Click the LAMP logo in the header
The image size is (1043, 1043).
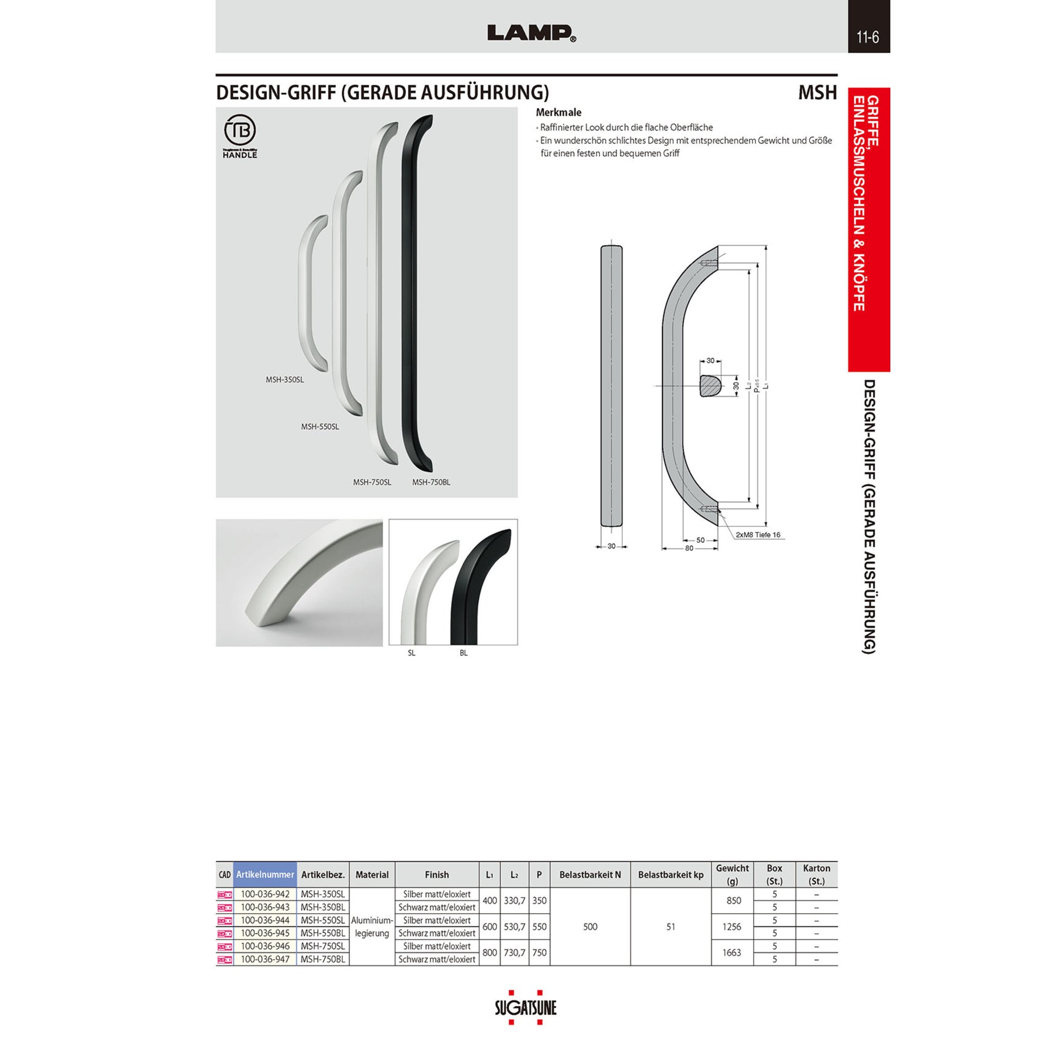point(531,33)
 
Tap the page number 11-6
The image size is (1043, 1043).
point(868,37)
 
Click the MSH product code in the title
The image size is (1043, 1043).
point(817,93)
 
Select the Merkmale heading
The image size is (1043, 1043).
point(558,112)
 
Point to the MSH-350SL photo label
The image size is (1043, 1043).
point(285,380)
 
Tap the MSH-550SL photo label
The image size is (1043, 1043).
point(320,427)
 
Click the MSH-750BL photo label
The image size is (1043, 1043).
point(431,482)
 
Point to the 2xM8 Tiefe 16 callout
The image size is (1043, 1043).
point(758,535)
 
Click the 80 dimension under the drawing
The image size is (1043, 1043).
point(689,548)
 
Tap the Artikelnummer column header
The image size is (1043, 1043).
point(265,875)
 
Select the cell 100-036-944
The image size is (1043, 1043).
point(265,920)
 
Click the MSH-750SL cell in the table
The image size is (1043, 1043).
point(323,946)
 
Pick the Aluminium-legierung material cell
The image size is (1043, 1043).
point(372,927)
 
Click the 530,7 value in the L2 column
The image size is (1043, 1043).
point(514,927)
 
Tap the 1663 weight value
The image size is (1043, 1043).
point(732,953)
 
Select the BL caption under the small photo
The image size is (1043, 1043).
point(463,653)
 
